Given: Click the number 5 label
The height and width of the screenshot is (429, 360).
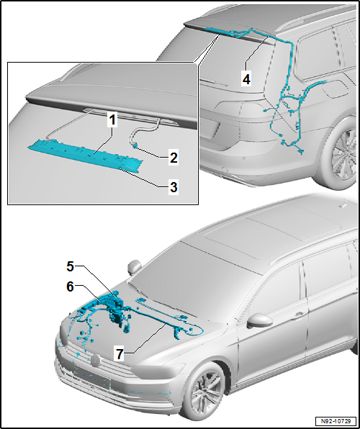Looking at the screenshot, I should click(x=70, y=266).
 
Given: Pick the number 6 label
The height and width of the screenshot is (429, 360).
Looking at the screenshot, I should click(x=70, y=286).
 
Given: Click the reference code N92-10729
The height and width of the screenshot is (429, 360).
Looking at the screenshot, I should click(x=336, y=420).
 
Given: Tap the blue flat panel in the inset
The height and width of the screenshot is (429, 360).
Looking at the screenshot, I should click(x=80, y=154).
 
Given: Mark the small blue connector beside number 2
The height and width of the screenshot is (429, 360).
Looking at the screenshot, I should click(x=135, y=145).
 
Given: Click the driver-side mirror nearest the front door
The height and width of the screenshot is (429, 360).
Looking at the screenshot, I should click(x=256, y=321).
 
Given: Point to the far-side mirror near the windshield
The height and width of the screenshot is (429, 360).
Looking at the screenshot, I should click(x=132, y=267).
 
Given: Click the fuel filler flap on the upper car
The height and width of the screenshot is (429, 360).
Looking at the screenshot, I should click(x=336, y=91).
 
